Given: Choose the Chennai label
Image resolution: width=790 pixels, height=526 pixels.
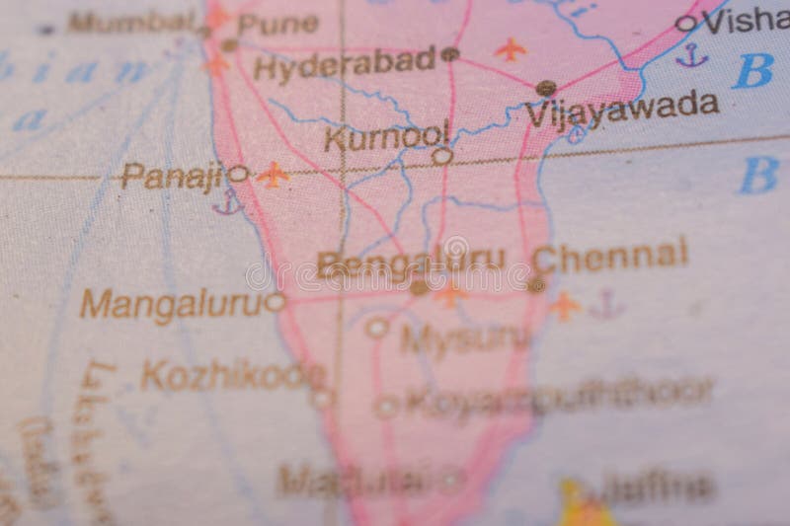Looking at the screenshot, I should point(609,256).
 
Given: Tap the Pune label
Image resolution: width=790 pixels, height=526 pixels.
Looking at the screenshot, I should point(278,24).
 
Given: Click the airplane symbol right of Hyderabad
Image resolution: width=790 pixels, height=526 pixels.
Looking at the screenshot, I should point(510,48).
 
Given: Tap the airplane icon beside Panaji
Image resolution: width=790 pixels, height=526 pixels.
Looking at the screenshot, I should point(272,175).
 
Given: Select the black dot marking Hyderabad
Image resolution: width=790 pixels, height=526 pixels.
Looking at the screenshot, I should point(450,54).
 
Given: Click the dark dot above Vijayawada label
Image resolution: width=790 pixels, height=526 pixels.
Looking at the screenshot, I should point(545,88).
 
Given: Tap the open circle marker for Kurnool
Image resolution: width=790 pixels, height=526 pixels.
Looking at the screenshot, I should point(442,155).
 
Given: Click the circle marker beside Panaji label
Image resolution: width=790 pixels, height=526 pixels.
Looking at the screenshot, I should point(238,174).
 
